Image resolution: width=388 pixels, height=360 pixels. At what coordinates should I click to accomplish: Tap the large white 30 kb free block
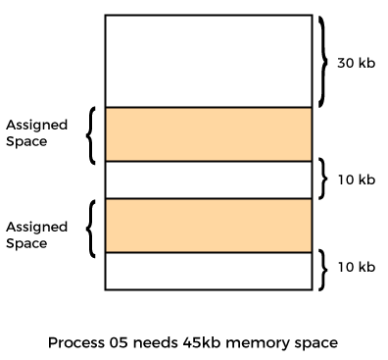tap(208, 61)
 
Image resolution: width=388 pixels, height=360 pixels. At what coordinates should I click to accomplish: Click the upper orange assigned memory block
tap(208, 134)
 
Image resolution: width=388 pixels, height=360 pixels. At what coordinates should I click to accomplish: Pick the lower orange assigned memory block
tap(208, 225)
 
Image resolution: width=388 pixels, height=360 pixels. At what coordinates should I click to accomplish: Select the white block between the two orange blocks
tap(208, 180)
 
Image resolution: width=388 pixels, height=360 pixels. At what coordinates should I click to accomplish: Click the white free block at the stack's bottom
tap(208, 270)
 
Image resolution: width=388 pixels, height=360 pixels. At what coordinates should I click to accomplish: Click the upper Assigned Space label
tap(37, 133)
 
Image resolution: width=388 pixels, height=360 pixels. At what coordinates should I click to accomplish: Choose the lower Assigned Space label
tap(37, 234)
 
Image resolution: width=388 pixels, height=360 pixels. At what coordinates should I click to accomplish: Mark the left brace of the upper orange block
tap(90, 134)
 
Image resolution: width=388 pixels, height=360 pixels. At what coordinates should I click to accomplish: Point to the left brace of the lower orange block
tap(90, 228)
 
